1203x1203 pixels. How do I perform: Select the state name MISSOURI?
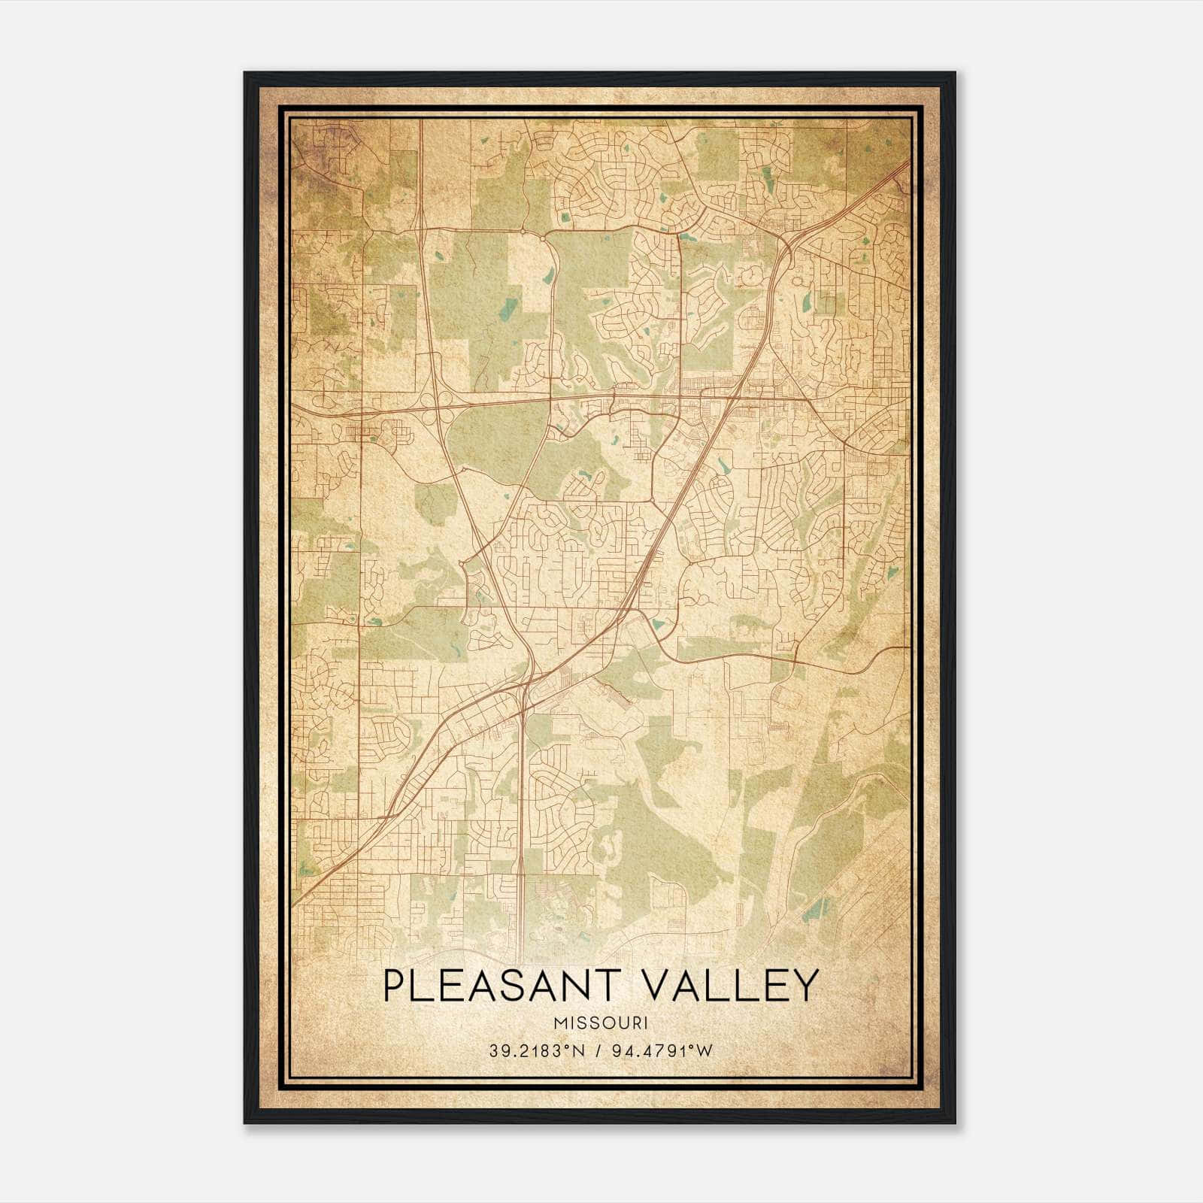coord(600,1023)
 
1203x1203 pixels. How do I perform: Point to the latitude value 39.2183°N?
coord(536,1051)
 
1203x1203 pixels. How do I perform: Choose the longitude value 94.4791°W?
coord(660,1051)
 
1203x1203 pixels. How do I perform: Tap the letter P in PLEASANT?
coord(395,986)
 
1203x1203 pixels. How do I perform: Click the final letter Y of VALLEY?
coord(804,986)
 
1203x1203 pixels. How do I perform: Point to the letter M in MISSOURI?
coord(559,1023)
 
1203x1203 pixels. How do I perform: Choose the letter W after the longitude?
coord(704,1051)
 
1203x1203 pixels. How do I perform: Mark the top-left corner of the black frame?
coord(245,73)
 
